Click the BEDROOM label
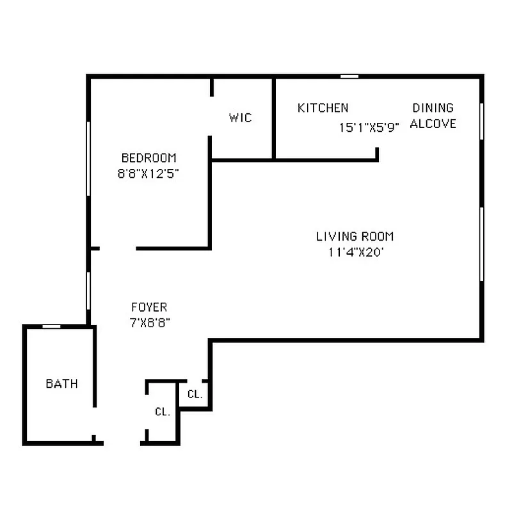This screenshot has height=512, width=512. click(148, 157)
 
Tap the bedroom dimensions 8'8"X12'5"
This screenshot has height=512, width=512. click(148, 173)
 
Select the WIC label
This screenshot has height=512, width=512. click(241, 118)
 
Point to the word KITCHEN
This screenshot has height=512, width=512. click(323, 108)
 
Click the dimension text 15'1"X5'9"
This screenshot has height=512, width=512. click(369, 127)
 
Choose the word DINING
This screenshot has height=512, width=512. click(433, 108)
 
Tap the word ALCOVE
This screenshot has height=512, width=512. click(433, 124)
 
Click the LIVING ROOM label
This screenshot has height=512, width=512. click(355, 236)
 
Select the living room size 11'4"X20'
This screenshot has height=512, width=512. click(356, 252)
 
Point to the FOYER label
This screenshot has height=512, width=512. click(149, 307)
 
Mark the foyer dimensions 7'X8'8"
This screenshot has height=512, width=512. click(150, 323)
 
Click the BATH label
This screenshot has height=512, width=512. click(61, 384)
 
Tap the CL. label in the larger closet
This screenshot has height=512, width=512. click(163, 412)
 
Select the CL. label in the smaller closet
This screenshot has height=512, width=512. click(195, 394)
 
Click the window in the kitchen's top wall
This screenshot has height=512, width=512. click(349, 76)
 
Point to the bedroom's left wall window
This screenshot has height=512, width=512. click(88, 157)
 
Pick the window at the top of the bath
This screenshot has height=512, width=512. click(51, 326)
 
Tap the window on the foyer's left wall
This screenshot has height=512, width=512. click(88, 291)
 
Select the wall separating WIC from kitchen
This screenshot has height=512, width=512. click(274, 118)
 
